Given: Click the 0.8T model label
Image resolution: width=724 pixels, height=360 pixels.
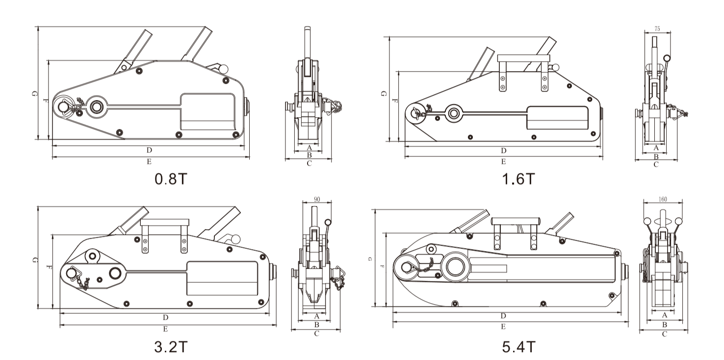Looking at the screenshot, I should [170, 179].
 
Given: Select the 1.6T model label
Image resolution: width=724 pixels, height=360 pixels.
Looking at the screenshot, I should [519, 179].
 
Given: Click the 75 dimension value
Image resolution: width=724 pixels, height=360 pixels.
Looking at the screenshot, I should [657, 29].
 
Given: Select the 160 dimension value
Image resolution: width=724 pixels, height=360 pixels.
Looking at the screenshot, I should [663, 200].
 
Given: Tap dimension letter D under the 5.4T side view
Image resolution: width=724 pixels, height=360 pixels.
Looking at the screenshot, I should [503, 315].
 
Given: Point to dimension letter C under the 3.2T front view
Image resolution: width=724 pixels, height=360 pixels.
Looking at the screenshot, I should [316, 334].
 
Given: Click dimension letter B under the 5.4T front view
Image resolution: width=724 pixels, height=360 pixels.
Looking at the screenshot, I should [665, 325].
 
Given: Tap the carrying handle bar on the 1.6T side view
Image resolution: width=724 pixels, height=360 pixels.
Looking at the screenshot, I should [523, 58].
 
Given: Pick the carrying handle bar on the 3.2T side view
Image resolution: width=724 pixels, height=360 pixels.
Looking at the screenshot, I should [164, 222].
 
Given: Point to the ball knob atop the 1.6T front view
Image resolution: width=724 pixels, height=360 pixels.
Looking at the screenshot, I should [667, 58].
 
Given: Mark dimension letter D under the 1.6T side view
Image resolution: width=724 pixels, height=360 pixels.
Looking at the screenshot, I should [503, 150].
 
